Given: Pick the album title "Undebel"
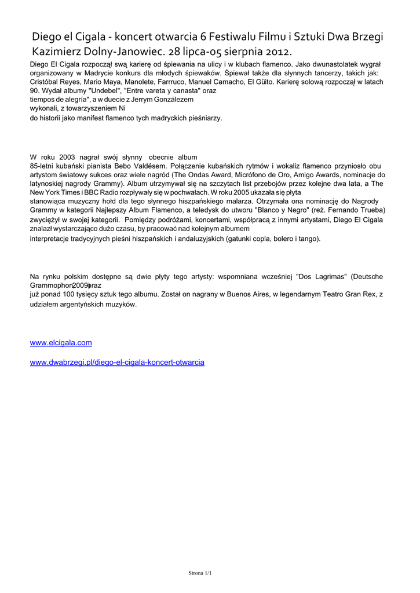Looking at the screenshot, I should tap(104, 91).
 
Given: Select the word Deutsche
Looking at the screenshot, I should tap(366, 277).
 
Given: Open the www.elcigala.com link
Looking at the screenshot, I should tap(61, 343).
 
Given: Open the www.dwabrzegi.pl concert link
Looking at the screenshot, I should tap(117, 362).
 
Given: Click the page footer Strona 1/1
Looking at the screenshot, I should tap(200, 573).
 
